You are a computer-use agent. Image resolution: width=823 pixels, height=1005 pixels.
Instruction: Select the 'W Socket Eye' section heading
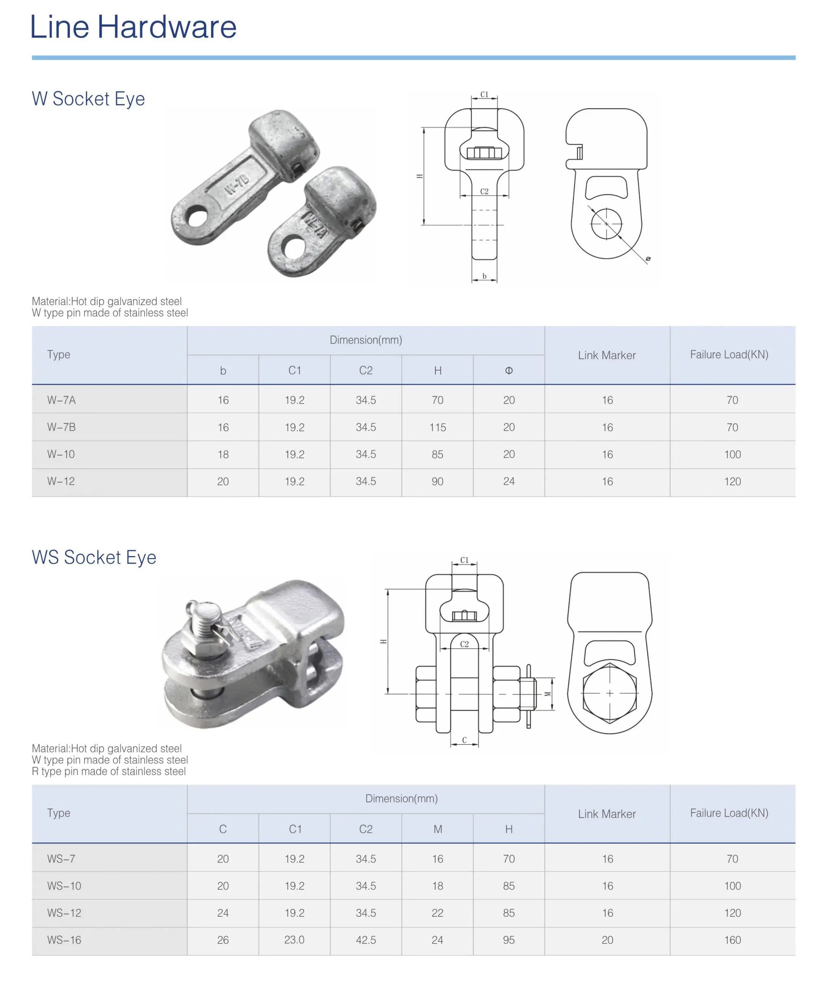[88, 99]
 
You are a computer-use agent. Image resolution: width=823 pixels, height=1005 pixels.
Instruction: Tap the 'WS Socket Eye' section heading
[94, 557]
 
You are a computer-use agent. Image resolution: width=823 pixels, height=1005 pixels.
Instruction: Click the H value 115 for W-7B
[438, 428]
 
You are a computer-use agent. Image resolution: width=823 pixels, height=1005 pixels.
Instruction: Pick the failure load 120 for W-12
[732, 482]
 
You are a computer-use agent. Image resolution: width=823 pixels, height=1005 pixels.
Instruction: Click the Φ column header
[509, 371]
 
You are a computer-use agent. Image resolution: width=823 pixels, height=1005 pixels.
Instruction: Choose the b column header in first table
[223, 371]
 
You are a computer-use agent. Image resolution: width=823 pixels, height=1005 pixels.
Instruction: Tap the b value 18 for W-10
[223, 455]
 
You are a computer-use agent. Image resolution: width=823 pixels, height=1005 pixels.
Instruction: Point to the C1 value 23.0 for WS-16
[294, 940]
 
